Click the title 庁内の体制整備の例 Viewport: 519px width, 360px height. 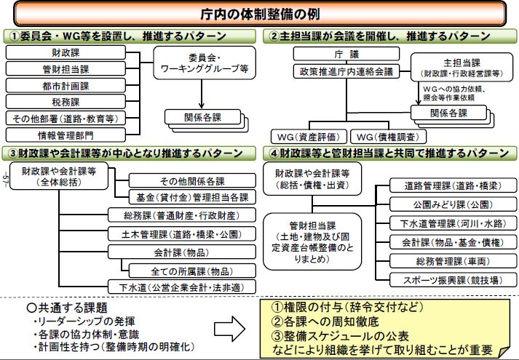coord(260,12)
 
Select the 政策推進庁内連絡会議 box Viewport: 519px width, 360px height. coord(334,71)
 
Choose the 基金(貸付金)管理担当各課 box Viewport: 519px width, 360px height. coord(191,197)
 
